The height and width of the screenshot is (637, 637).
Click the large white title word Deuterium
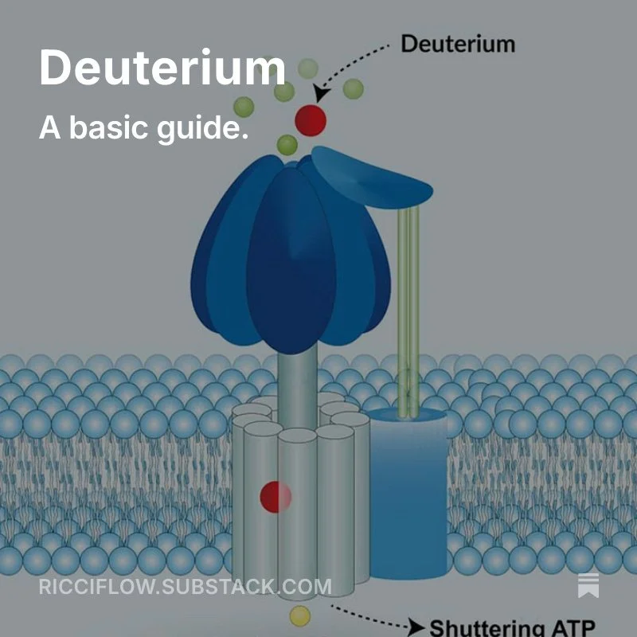tap(162, 67)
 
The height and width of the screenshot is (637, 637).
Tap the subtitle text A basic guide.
tap(143, 127)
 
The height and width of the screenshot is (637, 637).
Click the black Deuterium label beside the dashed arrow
tap(457, 43)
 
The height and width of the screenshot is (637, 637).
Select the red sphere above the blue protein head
tap(310, 120)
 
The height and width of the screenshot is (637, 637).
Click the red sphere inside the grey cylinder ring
tap(276, 496)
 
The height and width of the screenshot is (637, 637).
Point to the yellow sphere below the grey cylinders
tap(299, 615)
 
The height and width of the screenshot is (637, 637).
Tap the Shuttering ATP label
tap(513, 627)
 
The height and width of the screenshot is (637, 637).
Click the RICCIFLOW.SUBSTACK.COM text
tap(185, 588)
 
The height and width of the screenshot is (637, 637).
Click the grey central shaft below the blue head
tap(297, 382)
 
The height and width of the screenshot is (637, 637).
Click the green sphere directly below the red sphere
tap(287, 145)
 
